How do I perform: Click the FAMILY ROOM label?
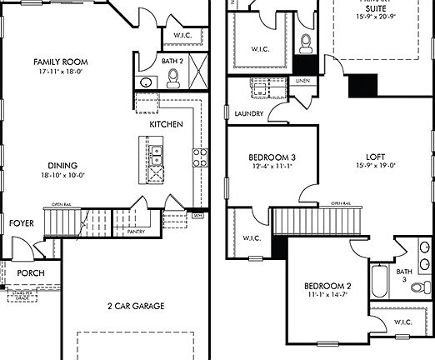tap(60, 62)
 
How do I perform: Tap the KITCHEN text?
tap(166, 124)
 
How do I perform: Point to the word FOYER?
tap(22, 223)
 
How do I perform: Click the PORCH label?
tap(31, 272)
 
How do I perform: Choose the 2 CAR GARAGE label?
tap(136, 306)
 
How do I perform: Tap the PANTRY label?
tap(137, 232)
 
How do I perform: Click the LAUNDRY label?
tap(249, 113)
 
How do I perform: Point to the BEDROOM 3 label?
tap(272, 157)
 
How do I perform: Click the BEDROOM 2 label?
tap(327, 287)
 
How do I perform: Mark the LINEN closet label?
tap(302, 81)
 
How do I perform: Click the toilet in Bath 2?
tap(174, 79)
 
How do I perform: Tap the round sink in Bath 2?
tap(147, 82)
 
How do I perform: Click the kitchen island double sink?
tap(156, 152)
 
